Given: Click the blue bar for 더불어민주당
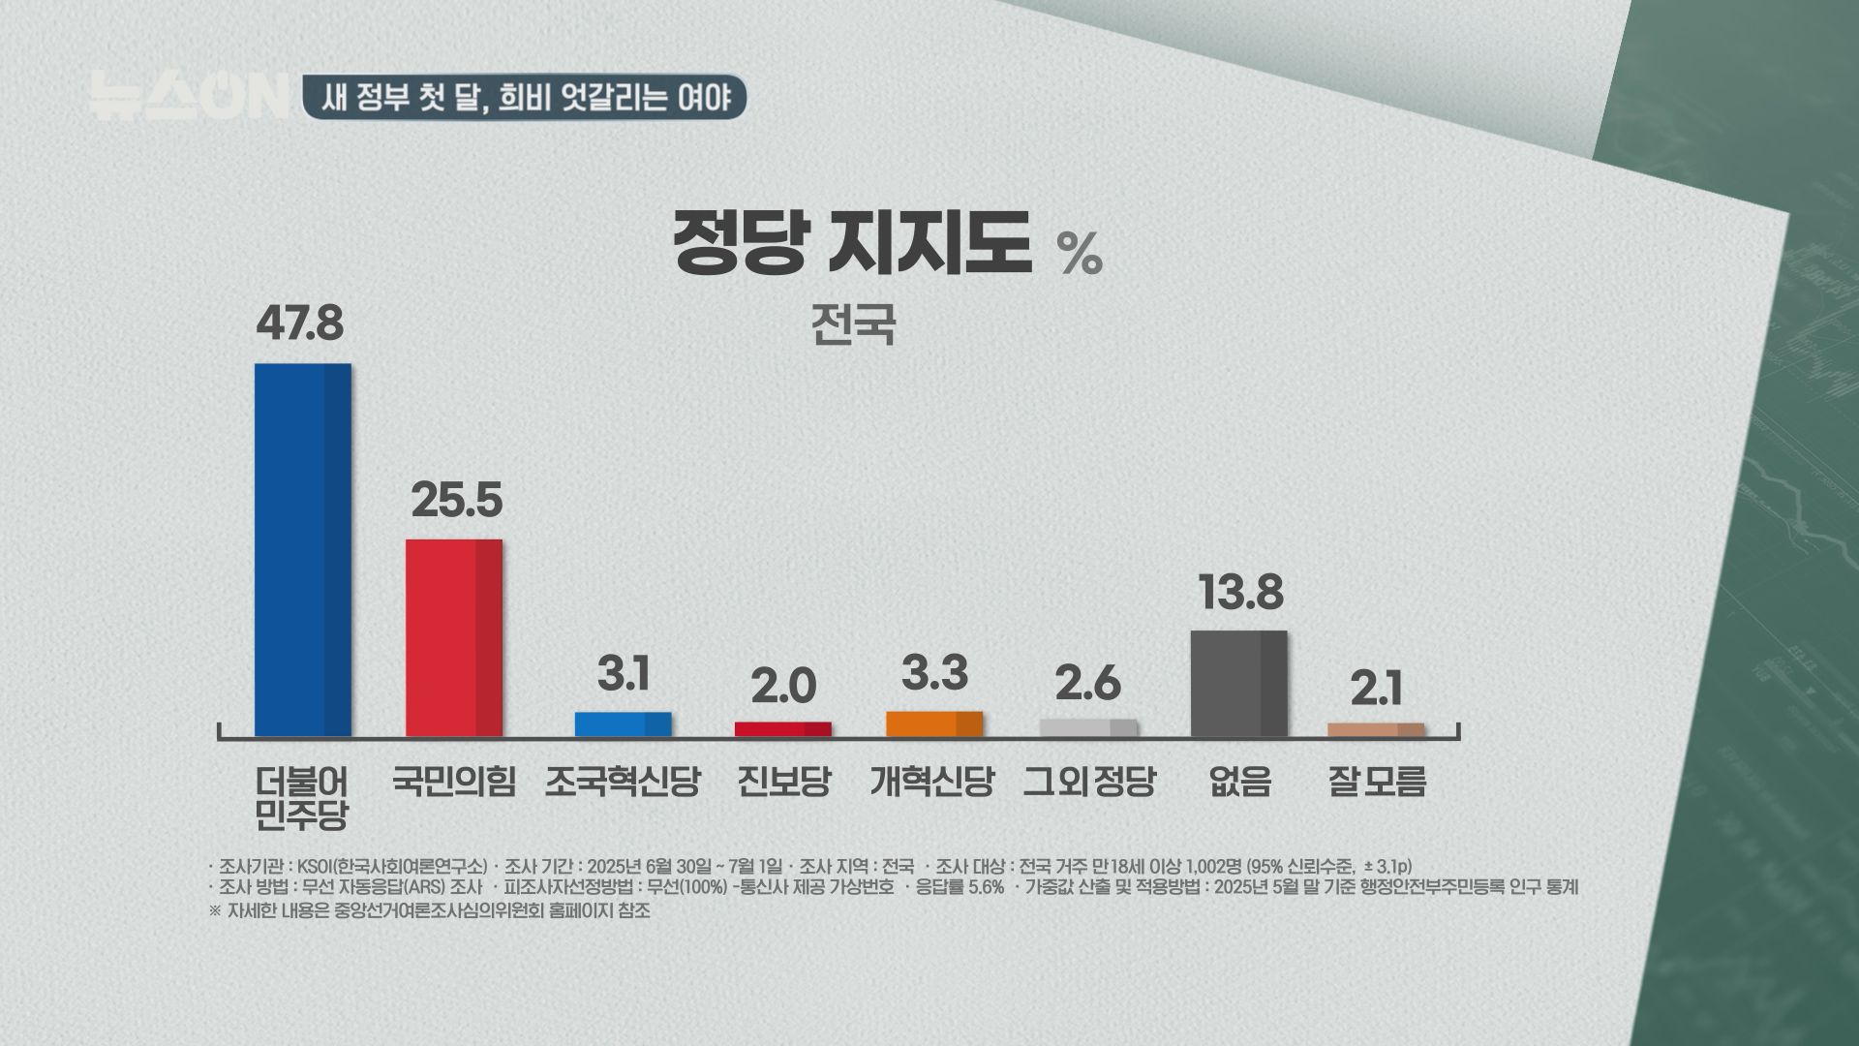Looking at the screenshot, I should [x=302, y=549].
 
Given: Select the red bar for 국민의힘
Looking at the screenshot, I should [x=453, y=637].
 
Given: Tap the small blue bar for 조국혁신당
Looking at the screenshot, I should [x=623, y=724].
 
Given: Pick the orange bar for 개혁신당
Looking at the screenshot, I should [x=933, y=723].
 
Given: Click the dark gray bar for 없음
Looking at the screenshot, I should [x=1238, y=683].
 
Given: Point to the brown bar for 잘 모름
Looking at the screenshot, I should [x=1375, y=729].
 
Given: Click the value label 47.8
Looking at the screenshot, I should [x=299, y=323].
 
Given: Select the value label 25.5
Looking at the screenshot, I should [x=456, y=500].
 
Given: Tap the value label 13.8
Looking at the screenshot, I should [x=1241, y=592].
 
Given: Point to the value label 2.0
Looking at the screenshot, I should [x=783, y=688].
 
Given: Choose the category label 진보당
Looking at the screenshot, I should [x=783, y=781].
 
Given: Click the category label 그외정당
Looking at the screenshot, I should [x=1089, y=781].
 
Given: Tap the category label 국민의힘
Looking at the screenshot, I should [x=453, y=781].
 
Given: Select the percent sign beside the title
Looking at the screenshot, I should [x=1079, y=255].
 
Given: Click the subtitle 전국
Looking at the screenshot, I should [x=852, y=325].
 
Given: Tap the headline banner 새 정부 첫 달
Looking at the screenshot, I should [x=524, y=98].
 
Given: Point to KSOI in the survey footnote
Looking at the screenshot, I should [x=315, y=865].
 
